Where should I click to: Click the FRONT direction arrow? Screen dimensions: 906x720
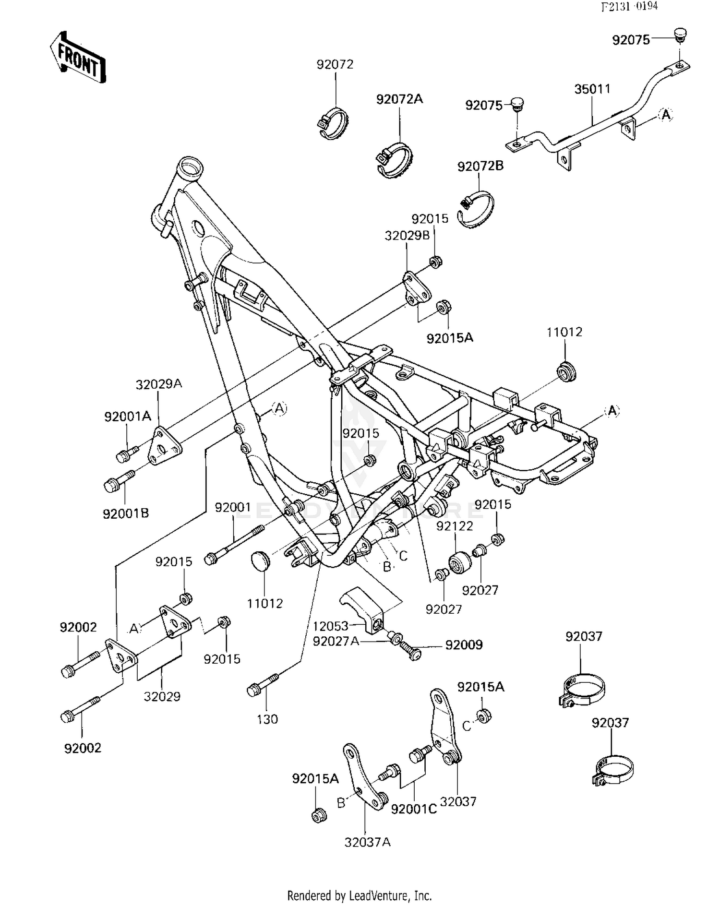[78, 58]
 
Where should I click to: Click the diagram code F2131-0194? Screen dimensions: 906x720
[630, 6]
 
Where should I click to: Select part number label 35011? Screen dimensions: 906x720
[592, 89]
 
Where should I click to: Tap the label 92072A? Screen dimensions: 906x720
[399, 99]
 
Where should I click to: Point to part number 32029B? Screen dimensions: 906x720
[407, 236]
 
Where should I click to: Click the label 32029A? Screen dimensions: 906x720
[159, 384]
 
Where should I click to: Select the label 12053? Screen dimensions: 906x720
[330, 626]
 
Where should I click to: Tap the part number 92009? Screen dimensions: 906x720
[464, 645]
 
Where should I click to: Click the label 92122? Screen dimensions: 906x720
[455, 526]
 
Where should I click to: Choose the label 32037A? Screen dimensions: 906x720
[367, 842]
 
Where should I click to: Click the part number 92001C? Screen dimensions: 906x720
[414, 809]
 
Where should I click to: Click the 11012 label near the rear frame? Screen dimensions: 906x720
[564, 332]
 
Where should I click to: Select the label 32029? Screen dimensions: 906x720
[162, 696]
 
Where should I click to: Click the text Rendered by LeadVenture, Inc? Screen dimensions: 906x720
[360, 895]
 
